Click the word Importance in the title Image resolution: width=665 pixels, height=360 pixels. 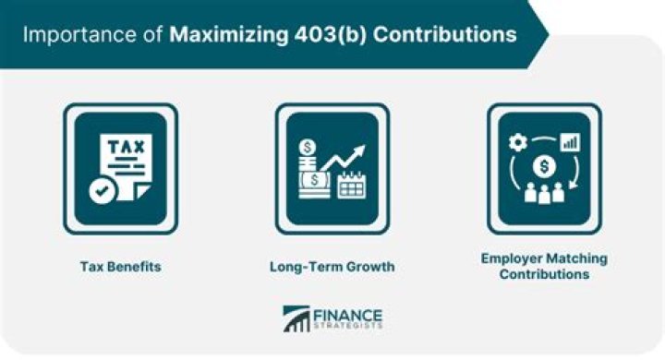[x=80, y=35]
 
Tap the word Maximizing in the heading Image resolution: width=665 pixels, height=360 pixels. [x=229, y=35]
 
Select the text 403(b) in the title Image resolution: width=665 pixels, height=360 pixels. [x=330, y=35]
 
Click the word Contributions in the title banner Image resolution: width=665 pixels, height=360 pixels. [x=445, y=34]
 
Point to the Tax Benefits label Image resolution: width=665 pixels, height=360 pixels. [x=121, y=267]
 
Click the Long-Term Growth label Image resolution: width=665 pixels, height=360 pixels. [x=332, y=267]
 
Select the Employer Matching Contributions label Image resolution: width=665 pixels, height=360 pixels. [x=544, y=266]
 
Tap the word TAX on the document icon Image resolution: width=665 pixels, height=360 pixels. [x=126, y=147]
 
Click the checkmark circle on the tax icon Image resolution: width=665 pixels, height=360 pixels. [x=103, y=191]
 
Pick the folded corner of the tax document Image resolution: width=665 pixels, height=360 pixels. [x=140, y=191]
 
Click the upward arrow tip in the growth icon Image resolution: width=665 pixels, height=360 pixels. [x=362, y=150]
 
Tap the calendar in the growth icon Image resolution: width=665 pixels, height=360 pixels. [x=352, y=185]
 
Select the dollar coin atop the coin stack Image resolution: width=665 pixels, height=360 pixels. [x=308, y=148]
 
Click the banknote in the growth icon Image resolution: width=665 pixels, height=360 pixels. [x=314, y=180]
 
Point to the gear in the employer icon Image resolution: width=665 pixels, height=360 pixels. [x=518, y=142]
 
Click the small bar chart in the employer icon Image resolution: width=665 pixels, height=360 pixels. [x=571, y=142]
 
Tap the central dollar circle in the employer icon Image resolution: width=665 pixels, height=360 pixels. [x=544, y=166]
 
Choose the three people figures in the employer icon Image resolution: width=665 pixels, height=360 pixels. [x=544, y=193]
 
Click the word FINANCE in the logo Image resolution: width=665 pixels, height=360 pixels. [x=347, y=316]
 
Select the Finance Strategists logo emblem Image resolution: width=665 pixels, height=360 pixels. [x=296, y=318]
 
